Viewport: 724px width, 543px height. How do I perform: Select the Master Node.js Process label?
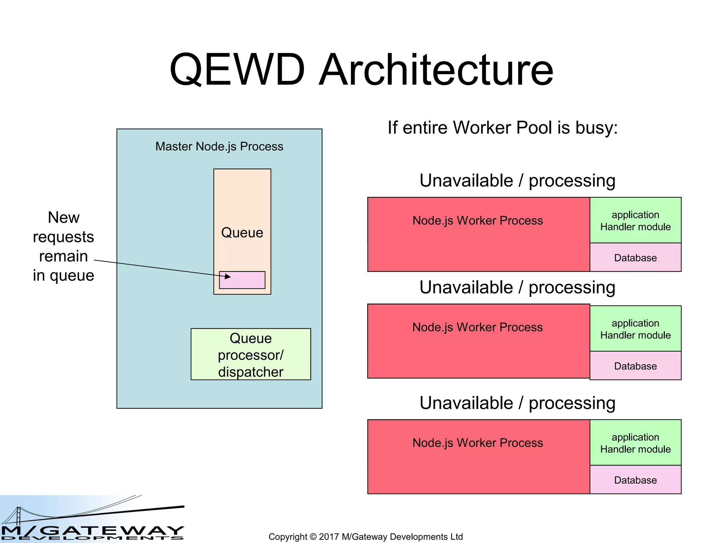click(x=219, y=146)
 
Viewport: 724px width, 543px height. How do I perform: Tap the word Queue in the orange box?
click(x=242, y=233)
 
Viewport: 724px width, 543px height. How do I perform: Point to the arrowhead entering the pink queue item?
click(x=228, y=276)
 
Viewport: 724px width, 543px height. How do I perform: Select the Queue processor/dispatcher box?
click(x=251, y=355)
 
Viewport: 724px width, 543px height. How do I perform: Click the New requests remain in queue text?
click(x=64, y=246)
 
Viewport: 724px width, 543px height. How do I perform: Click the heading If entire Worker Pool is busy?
click(x=502, y=128)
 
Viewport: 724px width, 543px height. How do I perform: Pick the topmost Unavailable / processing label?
click(x=517, y=181)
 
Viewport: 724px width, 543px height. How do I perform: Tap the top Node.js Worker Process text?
click(x=478, y=221)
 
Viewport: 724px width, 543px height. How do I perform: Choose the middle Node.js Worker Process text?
click(x=477, y=327)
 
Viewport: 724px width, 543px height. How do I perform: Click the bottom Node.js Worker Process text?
click(x=478, y=443)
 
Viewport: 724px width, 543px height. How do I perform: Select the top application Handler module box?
click(x=635, y=221)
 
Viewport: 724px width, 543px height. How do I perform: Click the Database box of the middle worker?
click(x=635, y=366)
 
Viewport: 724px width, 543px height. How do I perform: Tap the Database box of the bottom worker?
click(x=635, y=480)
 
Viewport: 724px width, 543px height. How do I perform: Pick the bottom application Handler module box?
click(x=635, y=443)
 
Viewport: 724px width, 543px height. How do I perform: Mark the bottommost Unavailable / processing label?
click(x=517, y=403)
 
